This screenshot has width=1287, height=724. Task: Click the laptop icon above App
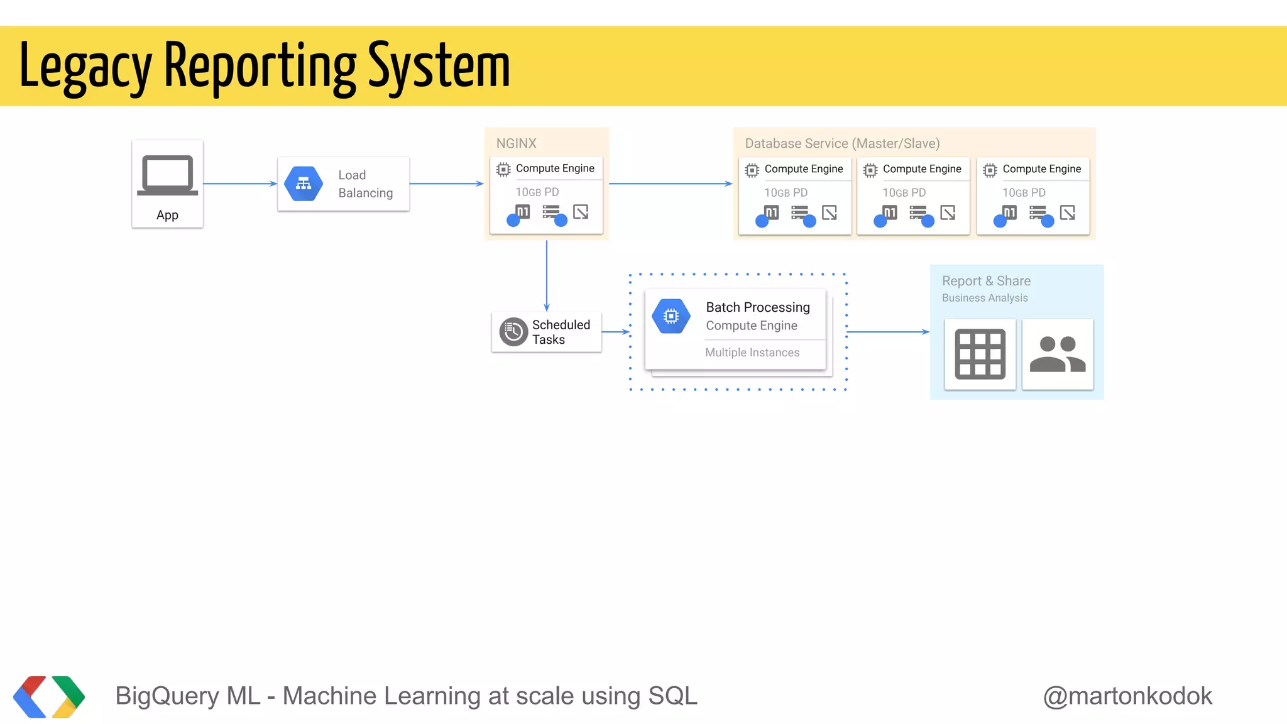167,175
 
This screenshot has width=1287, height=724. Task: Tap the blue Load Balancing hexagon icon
304,184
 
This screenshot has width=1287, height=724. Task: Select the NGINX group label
516,143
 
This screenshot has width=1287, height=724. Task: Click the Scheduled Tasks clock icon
513,332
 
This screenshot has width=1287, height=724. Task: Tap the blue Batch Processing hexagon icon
671,316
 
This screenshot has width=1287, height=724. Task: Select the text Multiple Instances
752,353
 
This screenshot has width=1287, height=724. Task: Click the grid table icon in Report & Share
980,354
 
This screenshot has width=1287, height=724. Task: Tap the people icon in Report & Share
1058,354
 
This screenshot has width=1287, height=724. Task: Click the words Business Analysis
985,298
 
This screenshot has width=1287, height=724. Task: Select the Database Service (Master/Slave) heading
842,143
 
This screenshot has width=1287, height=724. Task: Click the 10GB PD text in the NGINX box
537,192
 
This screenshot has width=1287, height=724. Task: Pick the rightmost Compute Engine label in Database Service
1041,169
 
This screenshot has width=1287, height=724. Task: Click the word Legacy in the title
85,67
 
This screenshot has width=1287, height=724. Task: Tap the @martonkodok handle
1127,696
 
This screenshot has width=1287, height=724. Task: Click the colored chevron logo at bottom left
49,696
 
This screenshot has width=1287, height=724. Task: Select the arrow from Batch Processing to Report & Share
887,331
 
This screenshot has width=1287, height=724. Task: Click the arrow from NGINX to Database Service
671,184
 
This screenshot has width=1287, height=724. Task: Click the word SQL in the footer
672,696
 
